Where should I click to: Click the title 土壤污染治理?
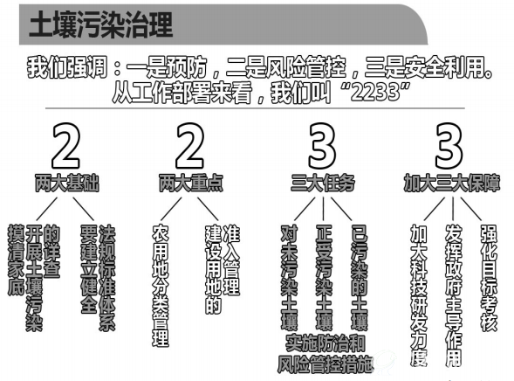pos(100,24)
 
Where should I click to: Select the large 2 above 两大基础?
pos(66,146)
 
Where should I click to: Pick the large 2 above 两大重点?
pos(190,146)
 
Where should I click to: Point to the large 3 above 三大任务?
pos(322,146)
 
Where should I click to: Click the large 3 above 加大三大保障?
pos(449,146)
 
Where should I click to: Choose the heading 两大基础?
pos(67,183)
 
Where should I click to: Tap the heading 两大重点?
pos(191,183)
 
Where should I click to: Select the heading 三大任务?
pos(323,183)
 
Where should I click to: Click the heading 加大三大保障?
pos(452,183)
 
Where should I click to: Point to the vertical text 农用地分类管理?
pos(161,286)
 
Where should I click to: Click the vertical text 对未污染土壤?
pos(290,277)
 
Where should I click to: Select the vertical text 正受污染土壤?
pos(325,277)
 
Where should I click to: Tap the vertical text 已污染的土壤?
pos(360,277)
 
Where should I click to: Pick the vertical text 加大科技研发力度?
pos(419,295)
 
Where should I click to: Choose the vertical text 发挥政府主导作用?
pos(454,295)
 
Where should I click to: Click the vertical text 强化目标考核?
pos(489,277)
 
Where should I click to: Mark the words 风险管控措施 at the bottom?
pos(326,364)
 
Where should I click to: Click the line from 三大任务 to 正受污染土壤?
pos(323,209)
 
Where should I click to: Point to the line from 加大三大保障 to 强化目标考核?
pos(471,209)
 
